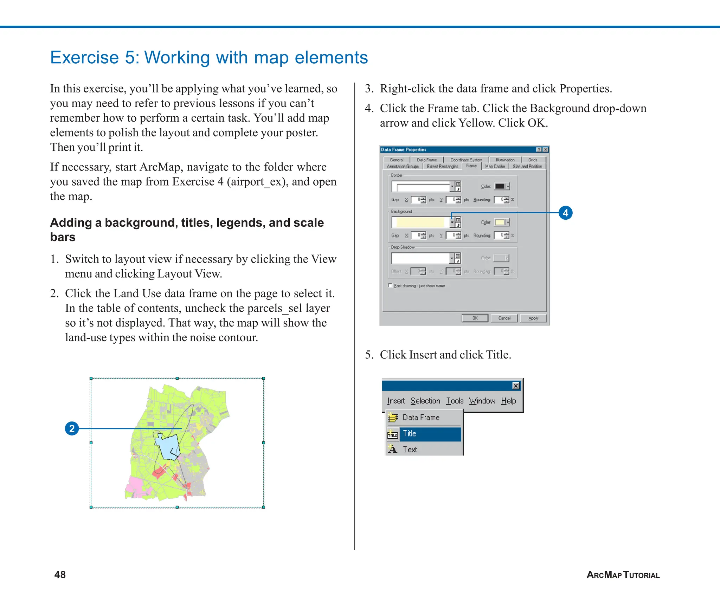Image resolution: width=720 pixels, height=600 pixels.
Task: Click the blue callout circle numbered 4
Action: (x=565, y=213)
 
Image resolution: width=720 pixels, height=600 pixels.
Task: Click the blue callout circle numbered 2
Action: (x=72, y=428)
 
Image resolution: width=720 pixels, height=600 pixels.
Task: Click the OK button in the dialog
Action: (x=475, y=318)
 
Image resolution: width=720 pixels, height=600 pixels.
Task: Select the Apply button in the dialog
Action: (x=533, y=318)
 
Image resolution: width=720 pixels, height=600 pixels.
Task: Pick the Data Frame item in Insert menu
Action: (x=421, y=418)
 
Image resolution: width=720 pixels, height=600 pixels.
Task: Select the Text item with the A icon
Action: (x=410, y=450)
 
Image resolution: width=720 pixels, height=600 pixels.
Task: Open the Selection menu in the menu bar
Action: (x=425, y=401)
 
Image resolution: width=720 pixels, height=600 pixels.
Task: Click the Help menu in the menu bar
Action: (x=508, y=401)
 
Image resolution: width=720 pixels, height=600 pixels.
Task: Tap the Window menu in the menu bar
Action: (x=482, y=401)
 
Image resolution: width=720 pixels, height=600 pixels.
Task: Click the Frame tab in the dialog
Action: (x=471, y=166)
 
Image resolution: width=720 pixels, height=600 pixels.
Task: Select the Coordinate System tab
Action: (x=466, y=160)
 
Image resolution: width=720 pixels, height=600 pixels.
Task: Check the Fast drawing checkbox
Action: (x=390, y=286)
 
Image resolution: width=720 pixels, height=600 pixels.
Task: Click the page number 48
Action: (x=60, y=575)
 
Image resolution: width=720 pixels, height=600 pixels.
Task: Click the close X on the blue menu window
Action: (x=516, y=386)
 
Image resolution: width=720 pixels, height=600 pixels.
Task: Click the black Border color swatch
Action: (x=500, y=186)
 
